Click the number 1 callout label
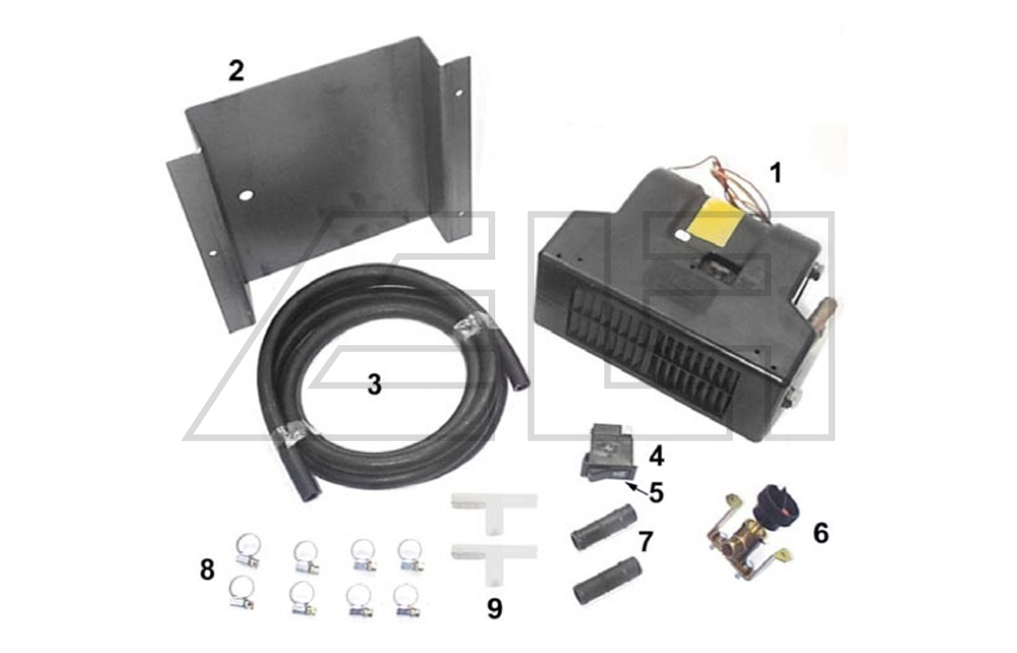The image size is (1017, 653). click(776, 172)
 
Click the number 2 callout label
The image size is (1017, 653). click(235, 71)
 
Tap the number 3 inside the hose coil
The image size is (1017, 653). click(374, 385)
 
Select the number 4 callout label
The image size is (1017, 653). click(656, 457)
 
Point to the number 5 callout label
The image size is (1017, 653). click(656, 492)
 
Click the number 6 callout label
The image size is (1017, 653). click(820, 533)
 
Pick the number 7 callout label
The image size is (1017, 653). click(646, 541)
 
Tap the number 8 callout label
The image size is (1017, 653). click(207, 570)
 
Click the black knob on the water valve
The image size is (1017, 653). click(775, 503)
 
